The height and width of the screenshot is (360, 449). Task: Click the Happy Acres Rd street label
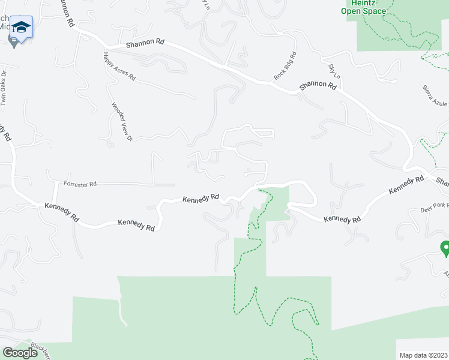[x=119, y=66]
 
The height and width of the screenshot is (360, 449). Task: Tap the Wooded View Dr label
[x=121, y=122]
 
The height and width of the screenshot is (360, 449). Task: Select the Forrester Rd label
[x=80, y=183]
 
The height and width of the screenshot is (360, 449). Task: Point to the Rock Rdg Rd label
[x=285, y=66]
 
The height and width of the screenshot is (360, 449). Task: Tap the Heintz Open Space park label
[x=363, y=7]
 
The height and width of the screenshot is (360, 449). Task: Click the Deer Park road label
[x=435, y=205]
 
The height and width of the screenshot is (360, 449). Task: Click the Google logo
[x=20, y=352]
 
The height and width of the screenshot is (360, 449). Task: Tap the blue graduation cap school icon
[x=21, y=28]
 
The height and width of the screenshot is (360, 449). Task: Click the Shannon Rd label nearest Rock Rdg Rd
[x=318, y=87]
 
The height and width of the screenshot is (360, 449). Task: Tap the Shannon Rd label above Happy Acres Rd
[x=145, y=45]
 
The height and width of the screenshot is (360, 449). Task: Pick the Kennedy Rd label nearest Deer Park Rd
[x=408, y=184]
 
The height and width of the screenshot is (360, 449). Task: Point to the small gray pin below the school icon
[x=13, y=41]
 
